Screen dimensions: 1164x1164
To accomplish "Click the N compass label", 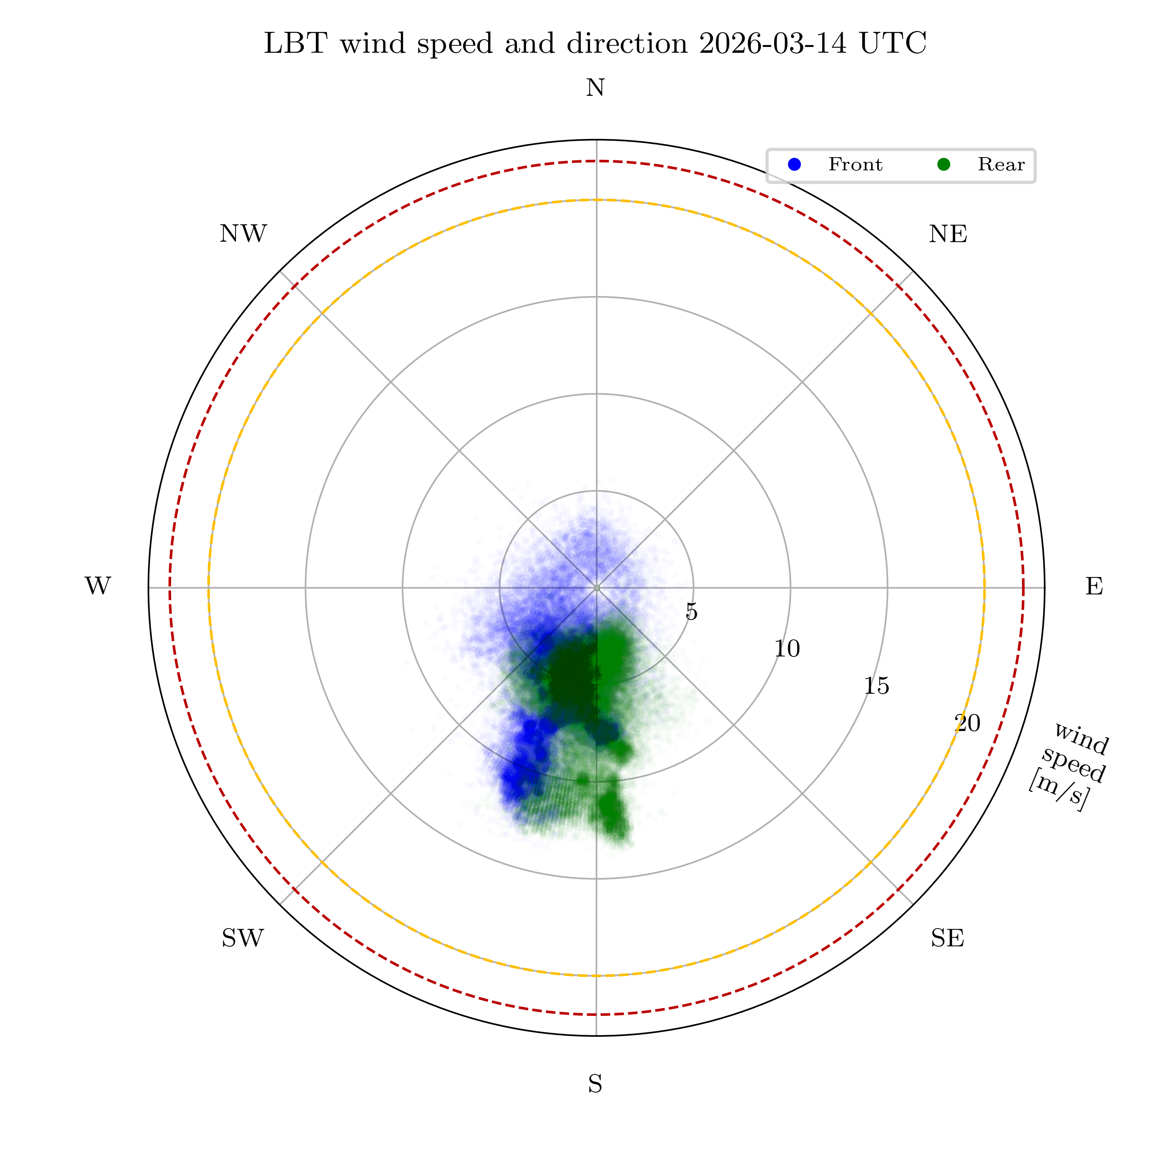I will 595,88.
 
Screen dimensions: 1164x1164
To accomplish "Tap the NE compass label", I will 948,234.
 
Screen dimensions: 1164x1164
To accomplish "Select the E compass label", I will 1094,586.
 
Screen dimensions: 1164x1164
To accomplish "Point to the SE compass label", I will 947,939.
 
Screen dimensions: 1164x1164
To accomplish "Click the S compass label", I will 595,1084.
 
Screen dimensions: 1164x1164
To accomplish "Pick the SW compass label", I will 243,939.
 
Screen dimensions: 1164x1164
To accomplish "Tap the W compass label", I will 98,586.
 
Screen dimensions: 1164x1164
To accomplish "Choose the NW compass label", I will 243,234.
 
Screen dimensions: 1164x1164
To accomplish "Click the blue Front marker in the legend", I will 795,165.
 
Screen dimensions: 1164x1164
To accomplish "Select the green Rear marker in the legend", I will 944,165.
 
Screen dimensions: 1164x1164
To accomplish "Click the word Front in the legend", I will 855,165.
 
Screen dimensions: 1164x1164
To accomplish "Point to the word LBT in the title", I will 295,44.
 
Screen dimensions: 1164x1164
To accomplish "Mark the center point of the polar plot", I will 596,587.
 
